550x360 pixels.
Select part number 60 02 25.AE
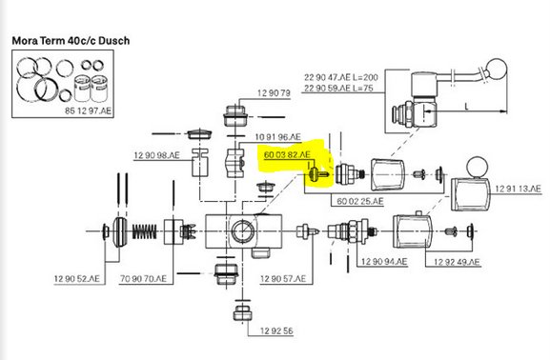tap(360, 201)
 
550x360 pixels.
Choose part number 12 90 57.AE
tap(283, 279)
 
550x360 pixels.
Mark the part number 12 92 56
tap(272, 330)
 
